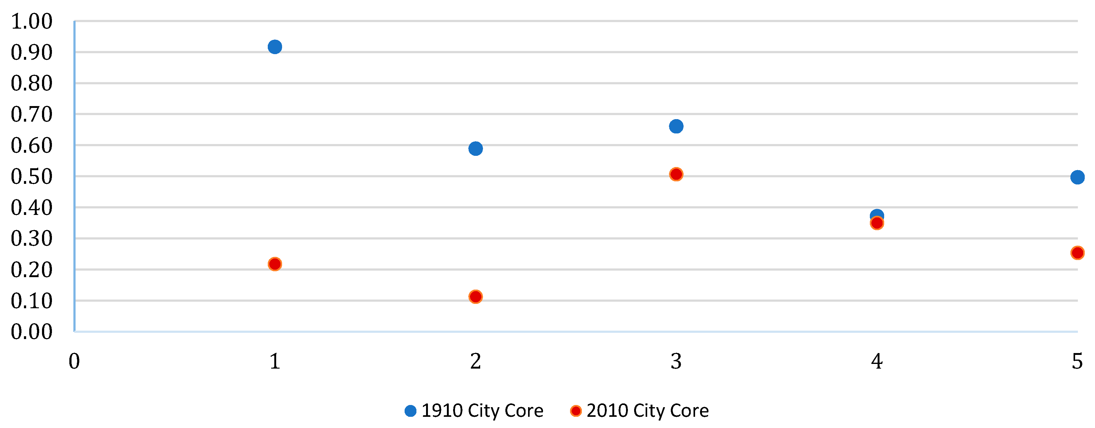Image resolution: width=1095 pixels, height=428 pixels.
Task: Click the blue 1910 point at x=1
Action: click(x=275, y=47)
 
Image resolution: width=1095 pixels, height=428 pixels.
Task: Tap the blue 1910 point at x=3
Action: click(x=676, y=126)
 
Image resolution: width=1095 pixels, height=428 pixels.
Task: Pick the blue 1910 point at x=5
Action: click(x=1077, y=177)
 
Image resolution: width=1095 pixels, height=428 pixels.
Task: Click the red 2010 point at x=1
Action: click(x=275, y=264)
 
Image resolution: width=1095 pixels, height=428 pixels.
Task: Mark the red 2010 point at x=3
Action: click(x=676, y=174)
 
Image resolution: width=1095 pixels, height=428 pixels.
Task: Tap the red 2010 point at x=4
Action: click(x=876, y=223)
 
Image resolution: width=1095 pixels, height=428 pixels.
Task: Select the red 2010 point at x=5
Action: click(x=1077, y=253)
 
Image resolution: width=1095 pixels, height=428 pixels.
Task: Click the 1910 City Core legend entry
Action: click(x=474, y=411)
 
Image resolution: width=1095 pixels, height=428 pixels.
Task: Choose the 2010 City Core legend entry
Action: click(x=640, y=411)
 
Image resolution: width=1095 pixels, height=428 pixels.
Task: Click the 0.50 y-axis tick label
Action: click(x=31, y=176)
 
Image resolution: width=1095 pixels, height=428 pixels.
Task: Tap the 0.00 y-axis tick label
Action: click(x=31, y=332)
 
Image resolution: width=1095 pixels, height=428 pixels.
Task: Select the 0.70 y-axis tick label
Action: click(x=31, y=114)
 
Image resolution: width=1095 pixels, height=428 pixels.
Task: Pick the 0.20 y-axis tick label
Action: click(x=31, y=270)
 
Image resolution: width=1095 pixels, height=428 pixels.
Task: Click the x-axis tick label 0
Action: click(x=74, y=362)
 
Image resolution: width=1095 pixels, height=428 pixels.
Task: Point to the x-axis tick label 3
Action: click(x=676, y=362)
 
